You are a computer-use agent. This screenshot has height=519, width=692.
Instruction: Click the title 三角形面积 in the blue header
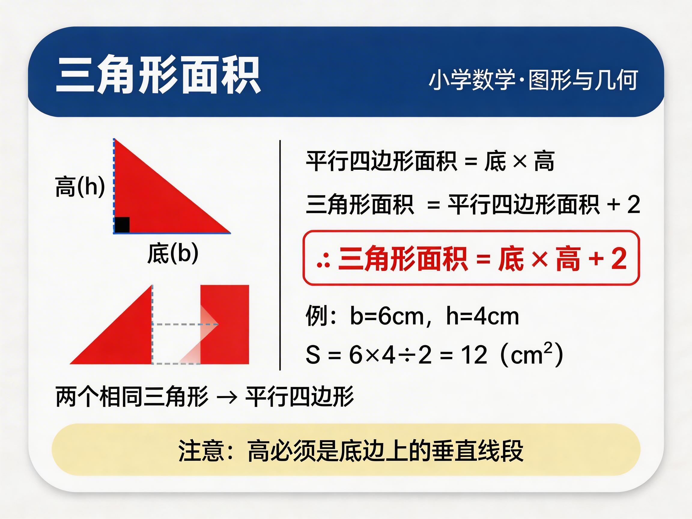pos(158,75)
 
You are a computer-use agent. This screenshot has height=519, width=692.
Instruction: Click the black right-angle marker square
pos(122,225)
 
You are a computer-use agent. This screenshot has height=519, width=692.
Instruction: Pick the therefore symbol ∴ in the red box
pos(323,261)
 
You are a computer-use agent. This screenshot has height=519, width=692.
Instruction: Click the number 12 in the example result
pos(474,355)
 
